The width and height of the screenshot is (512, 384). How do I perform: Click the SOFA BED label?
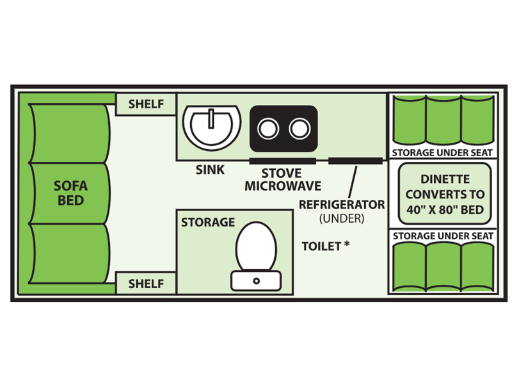click(70, 193)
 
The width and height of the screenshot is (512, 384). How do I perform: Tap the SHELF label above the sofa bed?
click(146, 104)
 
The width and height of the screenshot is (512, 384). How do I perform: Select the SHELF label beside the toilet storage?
click(146, 284)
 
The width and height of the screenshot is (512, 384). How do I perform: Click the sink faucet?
click(211, 119)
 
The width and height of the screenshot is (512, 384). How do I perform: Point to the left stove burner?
click(268, 129)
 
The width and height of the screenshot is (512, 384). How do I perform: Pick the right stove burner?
click(300, 129)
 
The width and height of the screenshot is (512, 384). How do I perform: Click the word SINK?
click(210, 170)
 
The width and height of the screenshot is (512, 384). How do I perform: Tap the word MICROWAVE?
click(283, 186)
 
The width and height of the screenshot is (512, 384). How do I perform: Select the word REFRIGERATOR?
click(342, 205)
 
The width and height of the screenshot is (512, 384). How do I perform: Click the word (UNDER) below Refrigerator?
click(342, 218)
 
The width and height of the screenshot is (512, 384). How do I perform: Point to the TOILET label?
click(321, 246)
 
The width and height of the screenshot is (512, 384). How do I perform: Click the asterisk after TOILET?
click(346, 244)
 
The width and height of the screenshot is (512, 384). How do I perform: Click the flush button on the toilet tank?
click(257, 281)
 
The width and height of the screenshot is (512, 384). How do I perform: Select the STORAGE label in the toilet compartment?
click(208, 222)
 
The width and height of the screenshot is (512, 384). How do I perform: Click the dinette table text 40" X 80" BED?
click(445, 210)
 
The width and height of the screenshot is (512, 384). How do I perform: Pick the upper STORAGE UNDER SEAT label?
click(442, 153)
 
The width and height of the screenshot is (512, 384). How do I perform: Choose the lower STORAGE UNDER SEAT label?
click(443, 236)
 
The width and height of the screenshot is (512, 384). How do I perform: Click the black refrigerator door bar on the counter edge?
click(355, 161)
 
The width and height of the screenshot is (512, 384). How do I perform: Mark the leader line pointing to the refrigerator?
click(353, 182)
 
